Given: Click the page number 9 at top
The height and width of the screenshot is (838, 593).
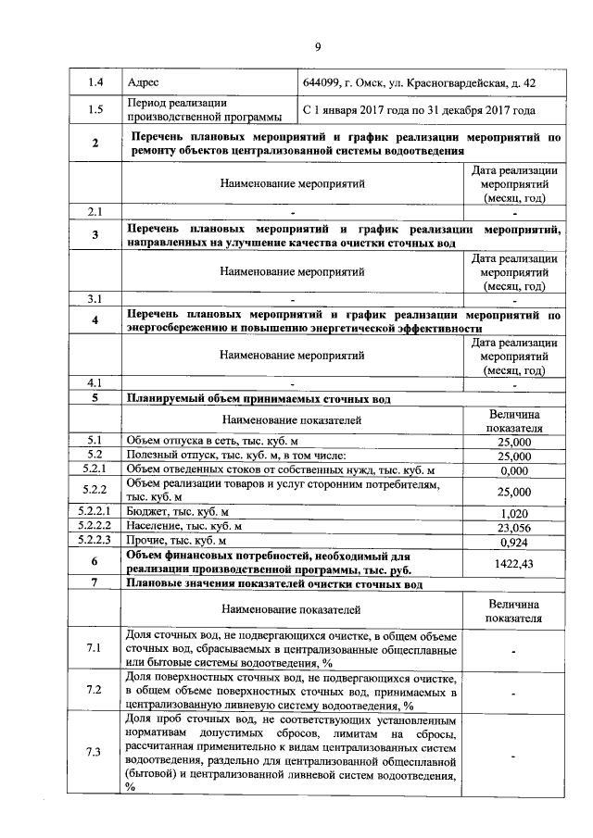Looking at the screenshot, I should point(317,48).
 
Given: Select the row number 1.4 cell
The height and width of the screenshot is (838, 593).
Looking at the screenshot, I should point(95,83).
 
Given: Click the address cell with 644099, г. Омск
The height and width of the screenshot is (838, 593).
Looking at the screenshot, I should point(419,83).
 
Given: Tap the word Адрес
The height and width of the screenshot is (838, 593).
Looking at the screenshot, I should point(143,83).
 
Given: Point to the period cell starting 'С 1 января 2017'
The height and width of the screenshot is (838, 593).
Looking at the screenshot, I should point(419,111).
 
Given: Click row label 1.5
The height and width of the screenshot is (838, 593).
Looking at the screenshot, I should point(95,111).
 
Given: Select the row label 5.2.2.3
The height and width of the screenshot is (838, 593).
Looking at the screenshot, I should point(95,540).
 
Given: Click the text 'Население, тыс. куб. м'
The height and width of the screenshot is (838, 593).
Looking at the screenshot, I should point(183,526).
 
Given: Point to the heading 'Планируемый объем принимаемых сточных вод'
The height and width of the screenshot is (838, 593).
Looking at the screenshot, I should point(258,399).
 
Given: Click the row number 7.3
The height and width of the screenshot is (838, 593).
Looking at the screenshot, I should point(95,751).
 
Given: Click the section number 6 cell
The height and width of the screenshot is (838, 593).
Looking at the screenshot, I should point(95,562).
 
